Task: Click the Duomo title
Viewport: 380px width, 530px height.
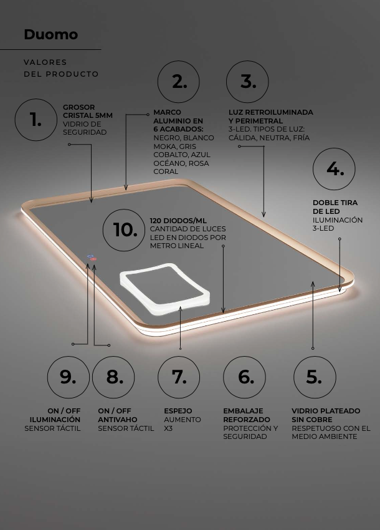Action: click(x=50, y=34)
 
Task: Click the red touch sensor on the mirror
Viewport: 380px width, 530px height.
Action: click(x=93, y=259)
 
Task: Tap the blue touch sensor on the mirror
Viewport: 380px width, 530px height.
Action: click(x=90, y=256)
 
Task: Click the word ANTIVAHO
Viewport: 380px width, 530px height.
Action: click(x=118, y=420)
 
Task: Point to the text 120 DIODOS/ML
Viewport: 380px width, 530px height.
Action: click(x=178, y=221)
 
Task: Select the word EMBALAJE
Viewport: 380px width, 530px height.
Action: click(x=243, y=411)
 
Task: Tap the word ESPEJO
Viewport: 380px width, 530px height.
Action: click(x=178, y=411)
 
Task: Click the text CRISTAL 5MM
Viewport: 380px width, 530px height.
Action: click(x=88, y=115)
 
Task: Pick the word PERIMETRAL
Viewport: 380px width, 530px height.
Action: click(x=259, y=121)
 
